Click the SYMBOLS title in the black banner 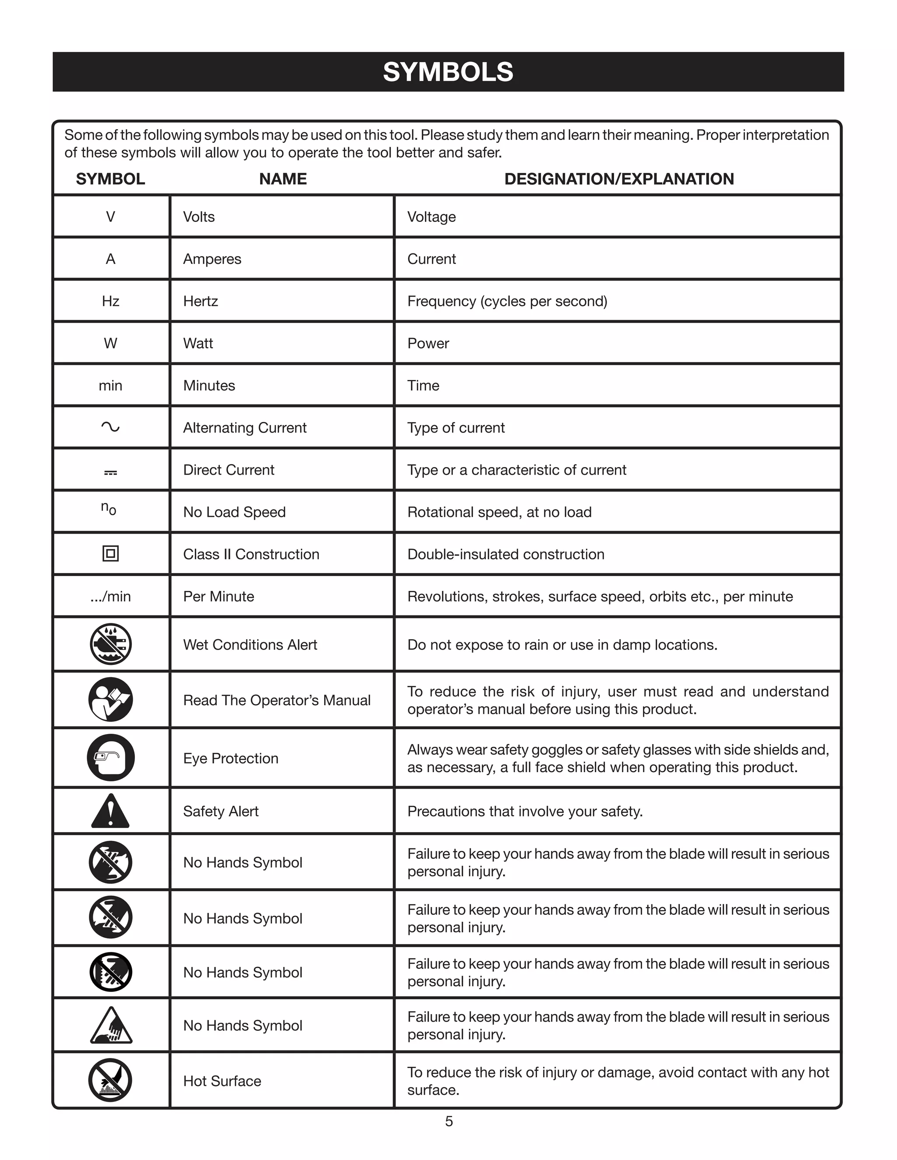(x=448, y=72)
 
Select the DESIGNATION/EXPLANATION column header (x=618, y=179)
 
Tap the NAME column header (x=283, y=179)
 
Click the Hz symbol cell (x=110, y=301)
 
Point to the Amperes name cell (x=212, y=259)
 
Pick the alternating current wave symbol (x=110, y=427)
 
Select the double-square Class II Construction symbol (x=110, y=554)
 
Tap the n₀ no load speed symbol (x=109, y=508)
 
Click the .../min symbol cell (x=110, y=597)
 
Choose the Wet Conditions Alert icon (x=110, y=644)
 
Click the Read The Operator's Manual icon (x=110, y=700)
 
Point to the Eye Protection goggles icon (x=110, y=757)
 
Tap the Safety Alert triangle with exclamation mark (x=110, y=812)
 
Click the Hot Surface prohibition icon (x=110, y=1080)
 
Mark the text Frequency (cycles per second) (x=507, y=301)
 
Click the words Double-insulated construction (x=505, y=554)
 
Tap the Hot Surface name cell (x=222, y=1081)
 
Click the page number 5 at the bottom (x=448, y=1121)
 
